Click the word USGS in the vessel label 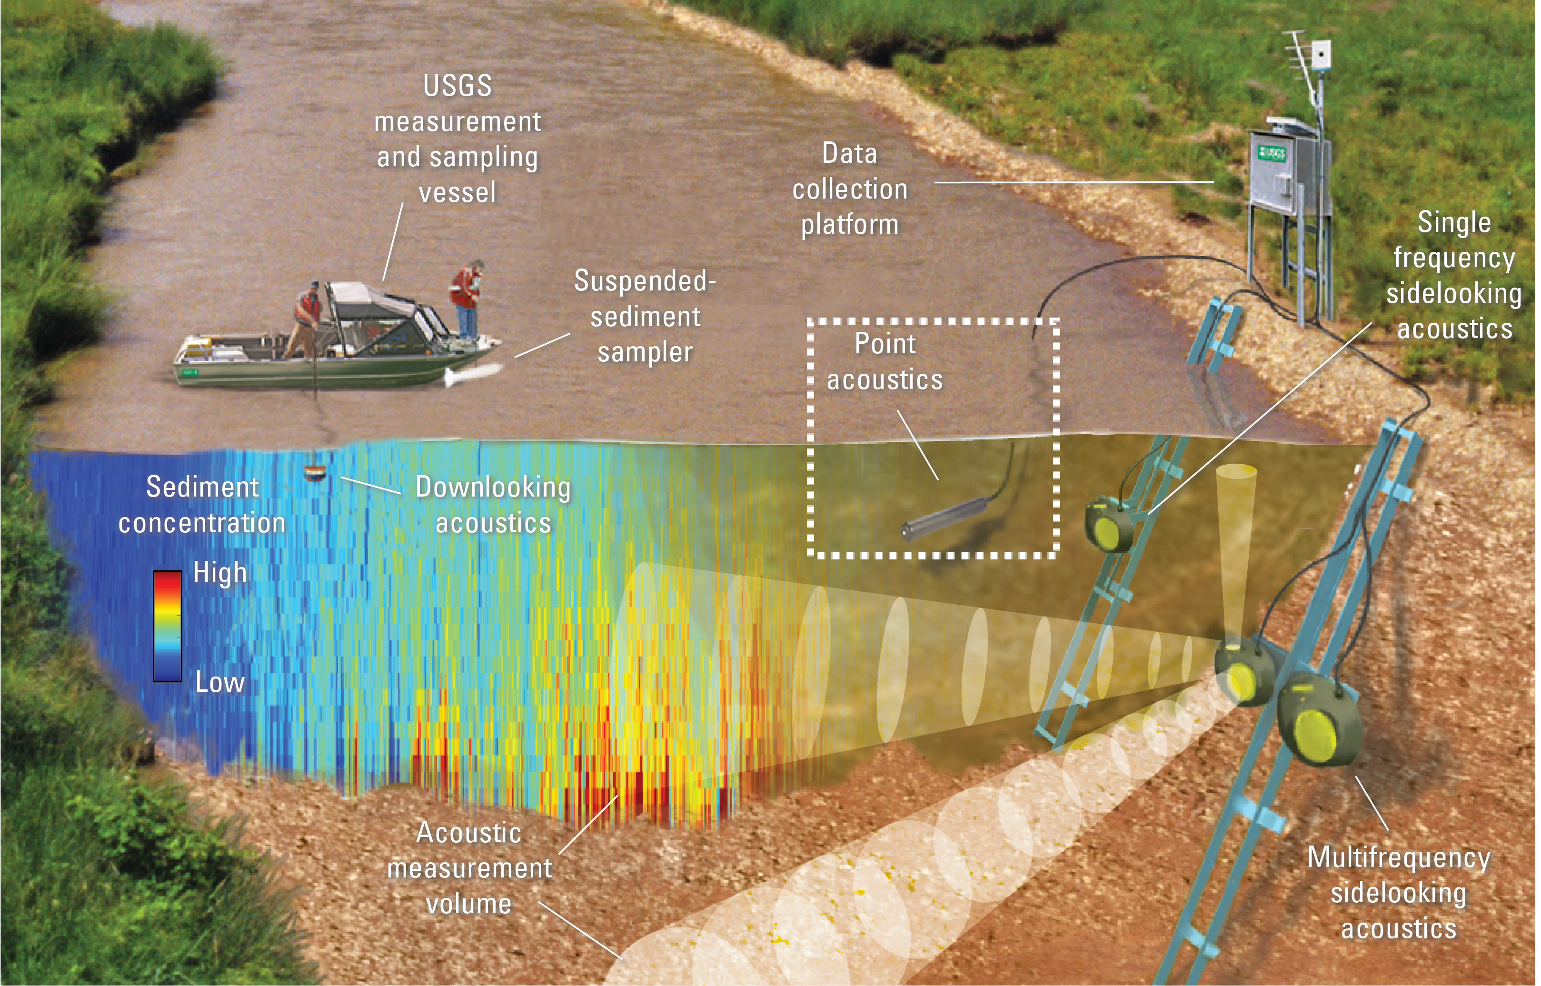pyautogui.click(x=458, y=86)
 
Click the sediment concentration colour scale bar pyautogui.click(x=167, y=626)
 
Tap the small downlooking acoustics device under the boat pyautogui.click(x=314, y=473)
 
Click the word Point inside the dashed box pyautogui.click(x=885, y=344)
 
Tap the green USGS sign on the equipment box pyautogui.click(x=1271, y=153)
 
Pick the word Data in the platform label pyautogui.click(x=850, y=154)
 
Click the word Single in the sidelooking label pyautogui.click(x=1454, y=223)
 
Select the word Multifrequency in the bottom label pyautogui.click(x=1398, y=858)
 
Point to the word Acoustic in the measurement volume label pyautogui.click(x=468, y=833)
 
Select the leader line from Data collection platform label pyautogui.click(x=1074, y=182)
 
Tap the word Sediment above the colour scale pyautogui.click(x=202, y=487)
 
